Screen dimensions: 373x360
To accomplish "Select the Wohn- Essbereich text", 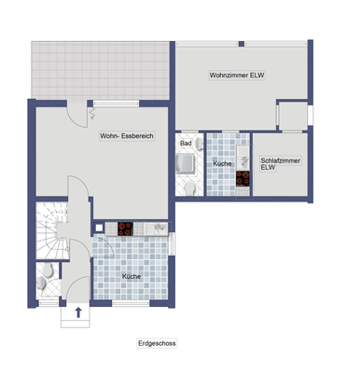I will pyautogui.click(x=127, y=136).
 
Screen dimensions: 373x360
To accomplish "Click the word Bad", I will pyautogui.click(x=186, y=144).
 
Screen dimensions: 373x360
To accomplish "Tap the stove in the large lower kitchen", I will pyautogui.click(x=125, y=227).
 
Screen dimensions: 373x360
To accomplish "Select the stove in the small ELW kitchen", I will pyautogui.click(x=242, y=177).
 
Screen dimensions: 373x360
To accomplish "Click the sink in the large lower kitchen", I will pyautogui.click(x=159, y=227).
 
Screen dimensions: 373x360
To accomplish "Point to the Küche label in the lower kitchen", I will pyautogui.click(x=132, y=277).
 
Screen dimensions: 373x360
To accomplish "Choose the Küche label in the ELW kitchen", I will pyautogui.click(x=222, y=163).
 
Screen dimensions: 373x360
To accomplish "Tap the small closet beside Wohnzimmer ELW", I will pyautogui.click(x=293, y=115).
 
